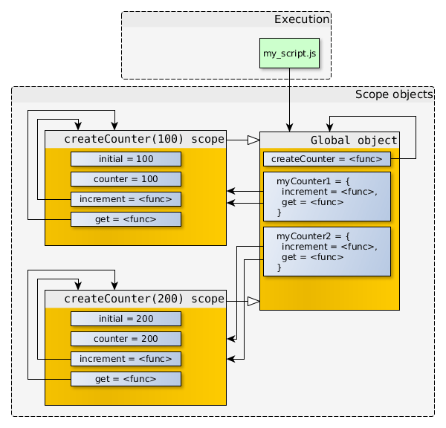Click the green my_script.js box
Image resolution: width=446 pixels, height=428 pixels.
289,53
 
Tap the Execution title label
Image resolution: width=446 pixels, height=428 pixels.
301,19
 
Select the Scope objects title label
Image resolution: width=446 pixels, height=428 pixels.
393,94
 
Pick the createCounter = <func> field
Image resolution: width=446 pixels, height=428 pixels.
326,159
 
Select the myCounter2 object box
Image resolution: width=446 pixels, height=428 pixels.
326,251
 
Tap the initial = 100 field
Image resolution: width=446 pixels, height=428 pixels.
126,159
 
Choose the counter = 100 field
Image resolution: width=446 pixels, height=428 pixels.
126,179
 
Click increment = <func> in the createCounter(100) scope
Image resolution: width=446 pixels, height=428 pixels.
126,199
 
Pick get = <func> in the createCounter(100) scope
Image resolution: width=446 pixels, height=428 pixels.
126,219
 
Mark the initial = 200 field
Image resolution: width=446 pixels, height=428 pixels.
126,319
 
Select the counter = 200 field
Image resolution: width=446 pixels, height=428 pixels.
126,339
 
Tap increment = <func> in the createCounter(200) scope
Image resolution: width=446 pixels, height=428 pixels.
126,359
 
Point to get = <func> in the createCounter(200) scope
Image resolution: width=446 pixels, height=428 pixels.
126,379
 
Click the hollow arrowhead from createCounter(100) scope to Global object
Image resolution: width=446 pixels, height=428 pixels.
253,140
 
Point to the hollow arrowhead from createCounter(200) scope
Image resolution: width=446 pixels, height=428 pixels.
253,301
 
